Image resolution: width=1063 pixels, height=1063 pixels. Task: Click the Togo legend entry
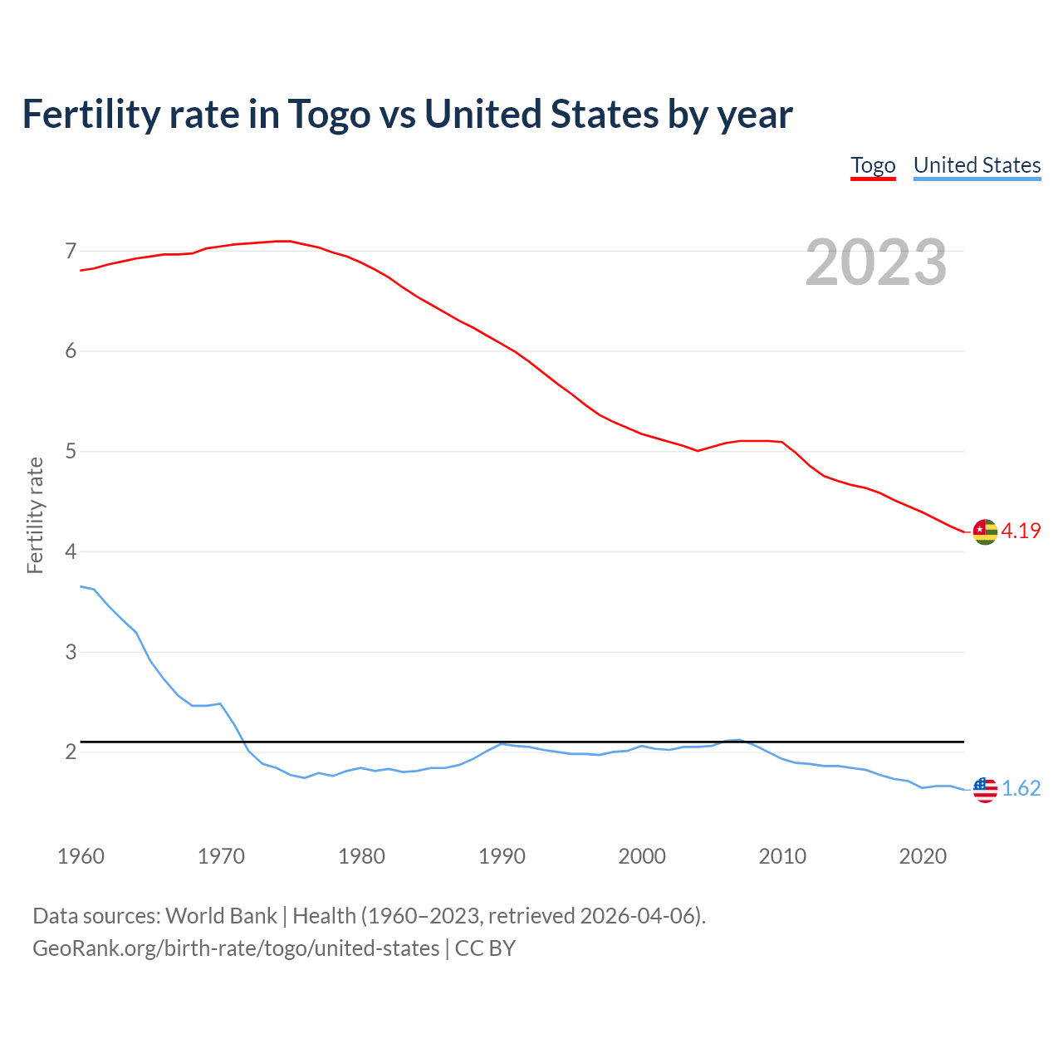point(873,165)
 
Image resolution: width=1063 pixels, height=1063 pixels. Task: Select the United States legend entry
point(977,165)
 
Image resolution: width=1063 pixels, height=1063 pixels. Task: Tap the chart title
point(407,114)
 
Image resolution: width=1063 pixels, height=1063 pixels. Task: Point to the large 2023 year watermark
point(876,262)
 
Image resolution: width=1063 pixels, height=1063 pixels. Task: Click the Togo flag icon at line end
point(985,531)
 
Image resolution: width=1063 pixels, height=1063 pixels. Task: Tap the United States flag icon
point(985,789)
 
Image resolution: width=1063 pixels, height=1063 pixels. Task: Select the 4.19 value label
point(1021,531)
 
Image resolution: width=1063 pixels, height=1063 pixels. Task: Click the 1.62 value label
point(1021,789)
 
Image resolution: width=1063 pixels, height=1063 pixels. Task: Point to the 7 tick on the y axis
point(71,251)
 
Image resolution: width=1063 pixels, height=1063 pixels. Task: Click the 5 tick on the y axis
point(71,452)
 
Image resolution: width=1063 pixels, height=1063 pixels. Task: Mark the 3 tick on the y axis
point(71,652)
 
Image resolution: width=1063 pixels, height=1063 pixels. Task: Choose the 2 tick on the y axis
point(71,752)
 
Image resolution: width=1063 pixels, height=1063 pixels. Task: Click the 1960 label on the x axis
point(81,856)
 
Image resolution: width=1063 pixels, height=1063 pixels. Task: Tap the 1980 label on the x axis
point(361,856)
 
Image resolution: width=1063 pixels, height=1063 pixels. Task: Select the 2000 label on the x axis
point(642,856)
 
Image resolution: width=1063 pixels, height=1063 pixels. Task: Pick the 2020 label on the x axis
point(923,856)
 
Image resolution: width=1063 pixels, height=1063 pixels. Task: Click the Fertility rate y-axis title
point(35,515)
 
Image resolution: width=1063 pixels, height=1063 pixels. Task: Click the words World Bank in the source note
point(221,916)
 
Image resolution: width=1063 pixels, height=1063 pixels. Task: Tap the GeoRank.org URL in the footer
point(236,948)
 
